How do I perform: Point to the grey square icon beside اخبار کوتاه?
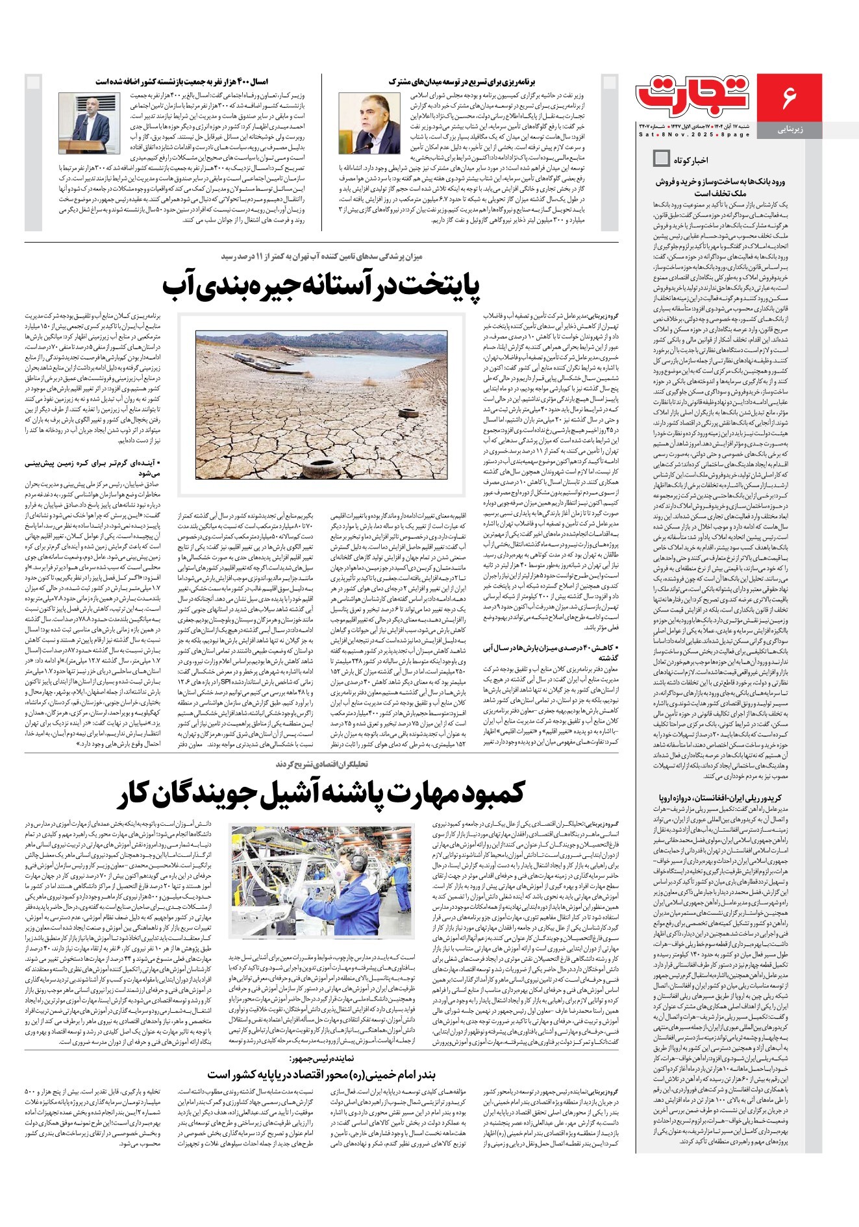(661, 158)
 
